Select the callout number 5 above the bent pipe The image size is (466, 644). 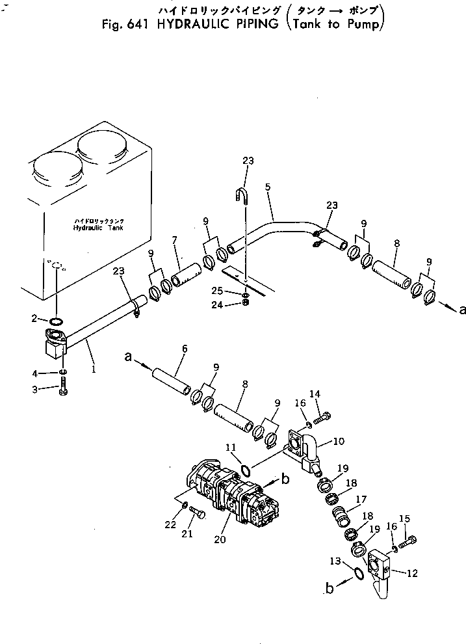tap(268, 186)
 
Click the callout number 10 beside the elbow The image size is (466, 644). tap(339, 441)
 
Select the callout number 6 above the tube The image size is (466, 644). tap(184, 349)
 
